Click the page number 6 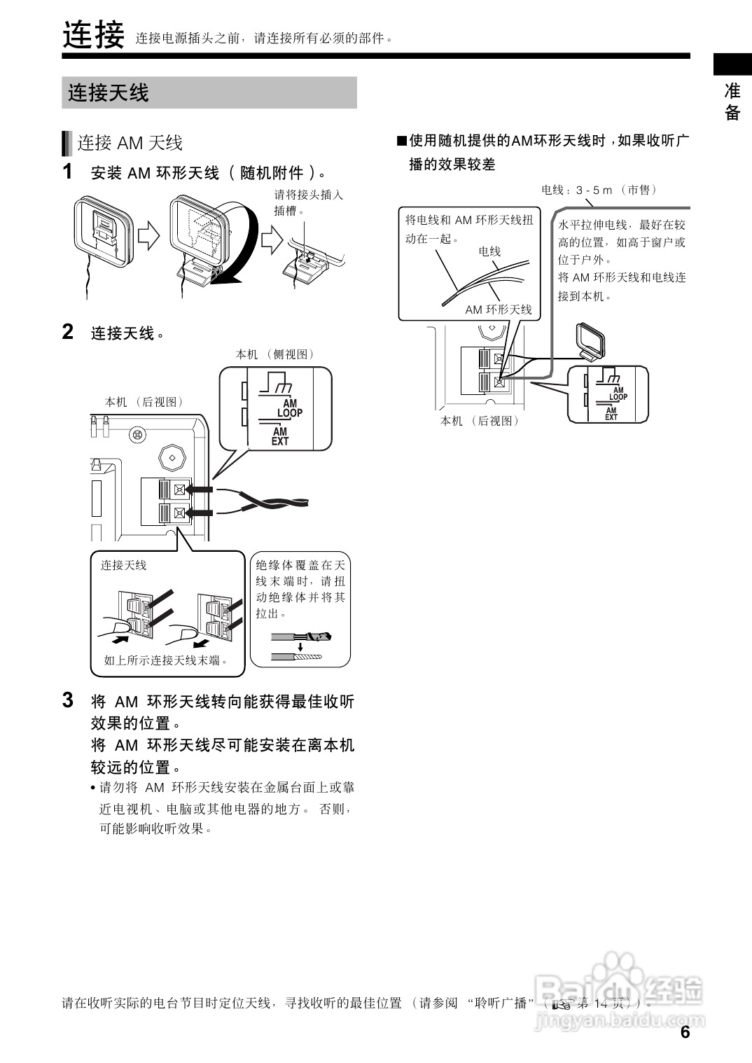pyautogui.click(x=685, y=1032)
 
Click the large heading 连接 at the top pyautogui.click(x=93, y=35)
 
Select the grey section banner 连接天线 pyautogui.click(x=209, y=92)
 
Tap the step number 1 pyautogui.click(x=68, y=172)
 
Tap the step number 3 pyautogui.click(x=68, y=700)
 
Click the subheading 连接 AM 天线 pyautogui.click(x=130, y=144)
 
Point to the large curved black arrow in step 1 pyautogui.click(x=237, y=259)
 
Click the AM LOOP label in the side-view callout pyautogui.click(x=289, y=408)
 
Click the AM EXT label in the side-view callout pyautogui.click(x=280, y=437)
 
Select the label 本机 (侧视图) pyautogui.click(x=275, y=355)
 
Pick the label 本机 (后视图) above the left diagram pyautogui.click(x=144, y=402)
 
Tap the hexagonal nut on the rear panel pyautogui.click(x=171, y=458)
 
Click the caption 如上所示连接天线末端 pyautogui.click(x=166, y=660)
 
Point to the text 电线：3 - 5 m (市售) pyautogui.click(x=599, y=190)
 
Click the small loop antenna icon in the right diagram pyautogui.click(x=588, y=341)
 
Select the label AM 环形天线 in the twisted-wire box pyautogui.click(x=499, y=310)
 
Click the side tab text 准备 pyautogui.click(x=732, y=102)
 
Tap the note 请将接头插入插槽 pyautogui.click(x=308, y=202)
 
